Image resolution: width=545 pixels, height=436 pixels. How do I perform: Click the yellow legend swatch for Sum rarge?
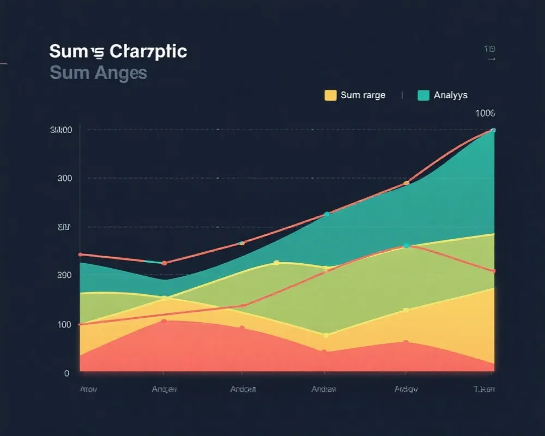pos(330,95)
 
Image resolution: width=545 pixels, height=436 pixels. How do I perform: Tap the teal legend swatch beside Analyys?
pos(423,95)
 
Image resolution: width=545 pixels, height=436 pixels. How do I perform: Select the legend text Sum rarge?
pos(362,95)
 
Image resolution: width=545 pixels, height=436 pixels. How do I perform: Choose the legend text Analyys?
pos(451,95)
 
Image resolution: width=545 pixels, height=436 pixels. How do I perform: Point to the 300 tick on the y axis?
pos(64,178)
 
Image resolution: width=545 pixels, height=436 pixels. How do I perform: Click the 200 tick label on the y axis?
pos(64,275)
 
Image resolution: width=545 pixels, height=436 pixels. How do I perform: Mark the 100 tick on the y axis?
pos(64,324)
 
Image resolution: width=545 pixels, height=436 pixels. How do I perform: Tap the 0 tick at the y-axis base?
pos(66,373)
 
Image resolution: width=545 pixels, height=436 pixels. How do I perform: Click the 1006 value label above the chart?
pos(485,113)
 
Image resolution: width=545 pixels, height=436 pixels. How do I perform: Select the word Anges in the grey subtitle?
pos(120,72)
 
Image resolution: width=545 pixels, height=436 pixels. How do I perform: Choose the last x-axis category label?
pos(484,389)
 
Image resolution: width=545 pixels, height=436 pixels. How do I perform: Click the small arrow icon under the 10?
pos(491,58)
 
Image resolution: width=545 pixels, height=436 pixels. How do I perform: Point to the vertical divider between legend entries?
pos(402,95)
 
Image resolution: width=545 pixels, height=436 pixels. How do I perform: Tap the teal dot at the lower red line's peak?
pos(406,246)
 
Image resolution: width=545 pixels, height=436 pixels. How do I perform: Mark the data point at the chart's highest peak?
pos(493,130)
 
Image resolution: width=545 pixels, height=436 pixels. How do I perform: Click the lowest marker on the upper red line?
pos(164,263)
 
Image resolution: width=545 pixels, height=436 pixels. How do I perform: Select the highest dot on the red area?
pos(164,322)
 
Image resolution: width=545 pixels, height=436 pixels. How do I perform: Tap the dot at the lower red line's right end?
pos(494,271)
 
